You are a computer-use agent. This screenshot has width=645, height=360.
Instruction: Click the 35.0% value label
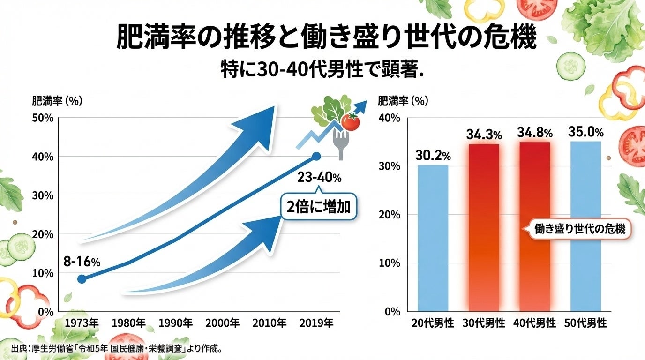[585, 132]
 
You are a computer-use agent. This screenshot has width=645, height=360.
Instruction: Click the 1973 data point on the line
[82, 279]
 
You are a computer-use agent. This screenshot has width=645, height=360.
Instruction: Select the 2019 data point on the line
[316, 156]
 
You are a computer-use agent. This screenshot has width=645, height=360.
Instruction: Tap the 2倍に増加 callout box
[319, 207]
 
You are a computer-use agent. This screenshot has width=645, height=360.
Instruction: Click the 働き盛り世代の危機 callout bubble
[580, 229]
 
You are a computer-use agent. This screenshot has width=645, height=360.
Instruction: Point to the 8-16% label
[82, 262]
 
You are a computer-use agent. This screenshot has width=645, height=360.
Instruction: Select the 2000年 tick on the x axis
[222, 323]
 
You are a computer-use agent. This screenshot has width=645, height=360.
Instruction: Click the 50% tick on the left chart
[43, 118]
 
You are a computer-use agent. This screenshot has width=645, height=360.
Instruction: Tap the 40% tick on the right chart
[390, 118]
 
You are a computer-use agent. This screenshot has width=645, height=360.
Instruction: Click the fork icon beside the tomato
[341, 142]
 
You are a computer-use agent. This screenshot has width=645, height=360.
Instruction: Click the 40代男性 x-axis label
[535, 323]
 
